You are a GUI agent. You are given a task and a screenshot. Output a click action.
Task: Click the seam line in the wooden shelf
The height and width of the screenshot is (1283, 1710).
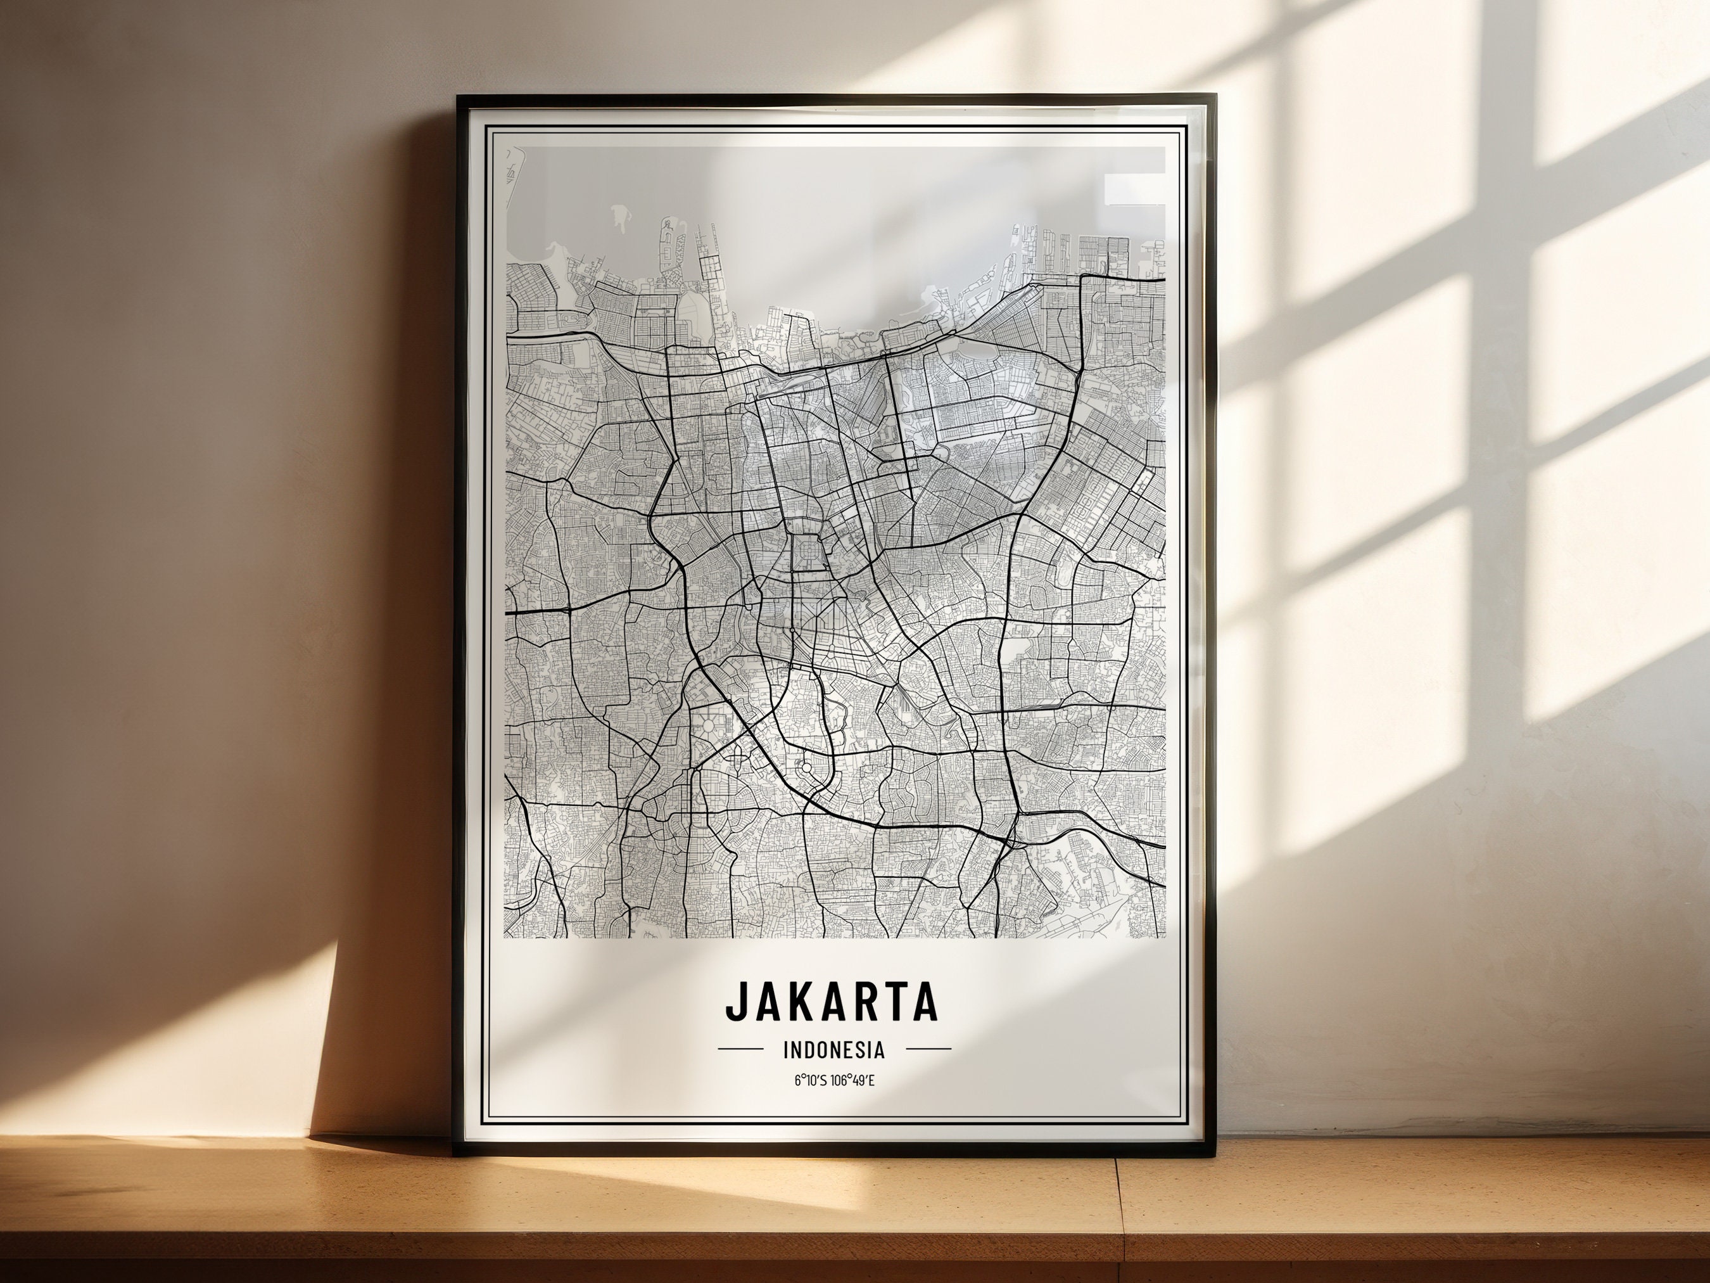1118,1222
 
